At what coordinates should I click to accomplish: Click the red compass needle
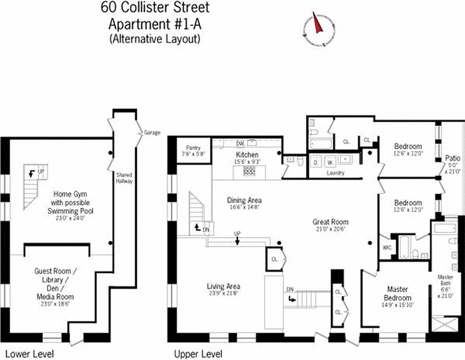(x=318, y=24)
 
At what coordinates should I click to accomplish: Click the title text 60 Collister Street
(x=155, y=8)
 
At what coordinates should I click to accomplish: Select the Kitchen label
(x=247, y=155)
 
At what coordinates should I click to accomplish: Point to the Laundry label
(x=335, y=173)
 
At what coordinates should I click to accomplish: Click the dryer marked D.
(x=316, y=162)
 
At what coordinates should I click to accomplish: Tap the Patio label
(x=452, y=158)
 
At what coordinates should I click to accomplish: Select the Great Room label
(x=331, y=222)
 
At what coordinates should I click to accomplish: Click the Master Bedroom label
(x=398, y=293)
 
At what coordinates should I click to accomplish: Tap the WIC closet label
(x=385, y=247)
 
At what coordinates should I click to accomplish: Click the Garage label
(x=152, y=133)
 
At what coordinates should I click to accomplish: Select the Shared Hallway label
(x=124, y=178)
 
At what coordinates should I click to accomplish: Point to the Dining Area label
(x=244, y=200)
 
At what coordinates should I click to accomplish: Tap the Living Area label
(x=224, y=286)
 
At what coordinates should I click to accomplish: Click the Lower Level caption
(x=29, y=354)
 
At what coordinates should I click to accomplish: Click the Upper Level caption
(x=198, y=354)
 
